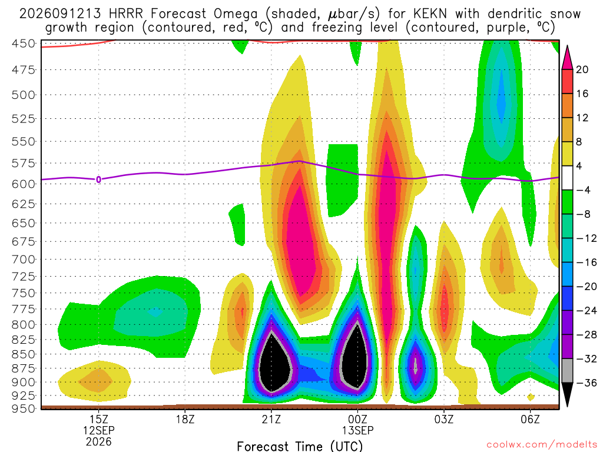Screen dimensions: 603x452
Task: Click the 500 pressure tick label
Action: [23, 95]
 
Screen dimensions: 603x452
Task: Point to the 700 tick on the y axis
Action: [23, 260]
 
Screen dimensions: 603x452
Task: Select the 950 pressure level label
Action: [23, 408]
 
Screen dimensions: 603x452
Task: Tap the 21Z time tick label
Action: [271, 419]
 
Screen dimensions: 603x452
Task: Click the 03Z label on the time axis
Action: [444, 419]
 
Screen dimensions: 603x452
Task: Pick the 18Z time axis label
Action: [185, 419]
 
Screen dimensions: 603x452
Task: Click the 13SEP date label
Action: [357, 430]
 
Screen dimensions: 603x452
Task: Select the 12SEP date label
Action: [99, 430]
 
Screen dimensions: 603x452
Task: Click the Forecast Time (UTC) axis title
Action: [300, 446]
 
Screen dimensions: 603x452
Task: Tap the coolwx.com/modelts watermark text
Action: [542, 445]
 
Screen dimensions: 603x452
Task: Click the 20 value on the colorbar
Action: [582, 69]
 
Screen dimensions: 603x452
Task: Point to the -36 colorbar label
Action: [586, 383]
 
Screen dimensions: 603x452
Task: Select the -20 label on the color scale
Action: [586, 287]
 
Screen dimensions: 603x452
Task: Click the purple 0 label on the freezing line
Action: [99, 180]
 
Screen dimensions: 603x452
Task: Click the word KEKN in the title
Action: [430, 14]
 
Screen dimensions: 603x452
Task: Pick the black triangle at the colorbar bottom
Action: [567, 393]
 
